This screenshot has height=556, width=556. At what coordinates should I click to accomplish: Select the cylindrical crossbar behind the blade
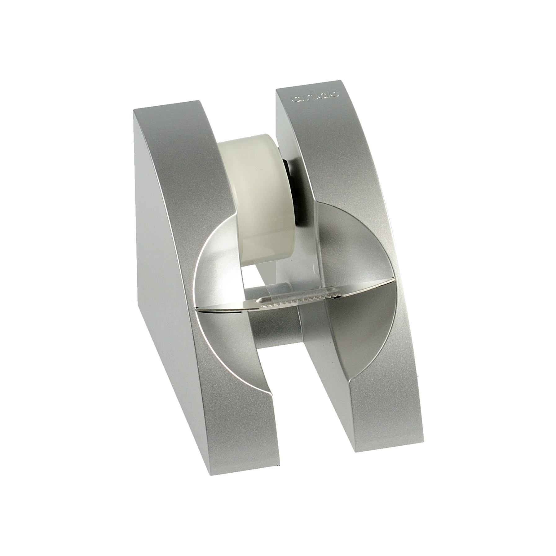click(x=273, y=325)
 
